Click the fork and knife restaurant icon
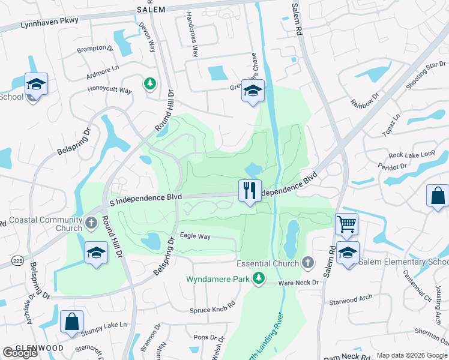click(x=250, y=191)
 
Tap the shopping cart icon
click(x=346, y=224)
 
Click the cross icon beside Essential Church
click(x=307, y=263)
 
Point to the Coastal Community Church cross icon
click(x=91, y=223)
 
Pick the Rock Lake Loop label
click(x=411, y=154)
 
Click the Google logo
click(x=20, y=353)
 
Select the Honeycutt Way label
click(x=108, y=90)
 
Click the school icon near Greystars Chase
click(x=253, y=91)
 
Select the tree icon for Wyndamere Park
click(x=259, y=278)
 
